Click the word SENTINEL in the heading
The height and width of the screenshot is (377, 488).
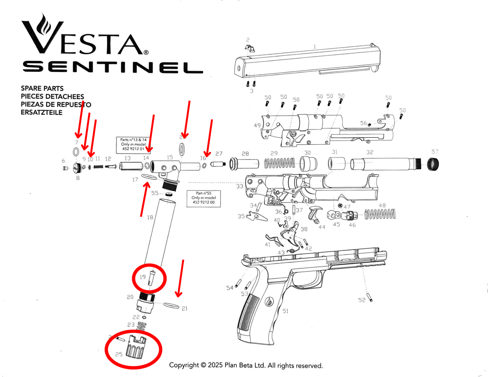click(x=112, y=67)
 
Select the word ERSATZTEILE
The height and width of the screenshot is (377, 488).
click(x=42, y=112)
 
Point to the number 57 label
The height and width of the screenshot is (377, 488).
click(x=435, y=152)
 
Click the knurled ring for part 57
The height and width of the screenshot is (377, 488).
click(x=433, y=164)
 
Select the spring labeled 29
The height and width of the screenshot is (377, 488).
click(x=279, y=164)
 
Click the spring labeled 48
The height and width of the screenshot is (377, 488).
click(x=380, y=214)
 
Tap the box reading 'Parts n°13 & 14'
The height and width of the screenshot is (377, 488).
click(x=133, y=145)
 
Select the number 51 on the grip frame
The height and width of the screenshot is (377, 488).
click(x=285, y=311)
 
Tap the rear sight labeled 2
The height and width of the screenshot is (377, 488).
click(x=250, y=49)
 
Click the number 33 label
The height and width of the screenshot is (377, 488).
click(x=239, y=186)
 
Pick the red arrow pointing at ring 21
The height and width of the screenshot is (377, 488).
click(x=181, y=279)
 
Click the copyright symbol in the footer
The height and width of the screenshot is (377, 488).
click(x=203, y=365)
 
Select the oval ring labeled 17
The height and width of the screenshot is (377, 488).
click(x=149, y=177)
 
